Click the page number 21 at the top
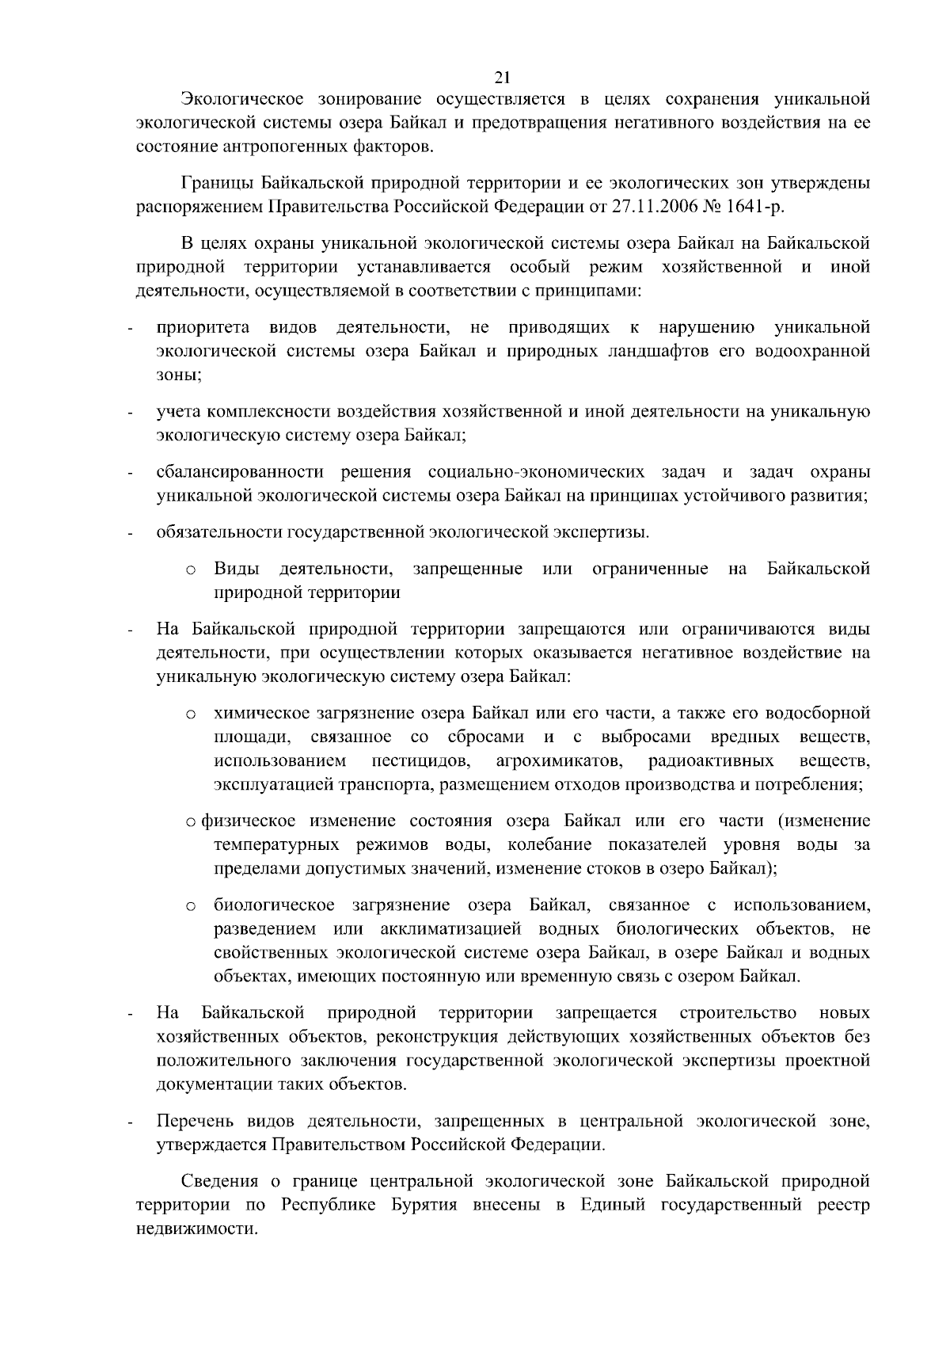click(x=502, y=77)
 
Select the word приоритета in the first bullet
click(x=203, y=328)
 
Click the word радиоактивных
click(x=711, y=762)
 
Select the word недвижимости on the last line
click(x=197, y=1229)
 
